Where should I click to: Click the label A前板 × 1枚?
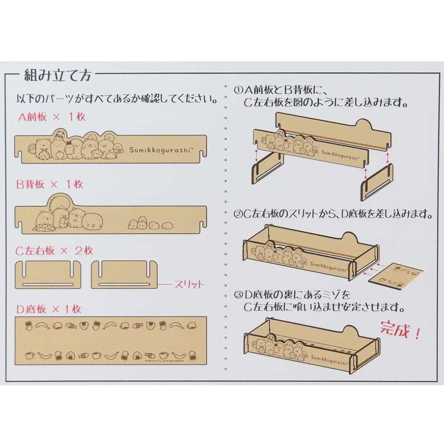[x=52, y=117]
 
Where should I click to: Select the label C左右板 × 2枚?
[x=54, y=250]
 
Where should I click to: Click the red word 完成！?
[x=400, y=330]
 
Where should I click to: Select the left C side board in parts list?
[x=48, y=275]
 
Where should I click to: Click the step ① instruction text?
[x=321, y=97]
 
